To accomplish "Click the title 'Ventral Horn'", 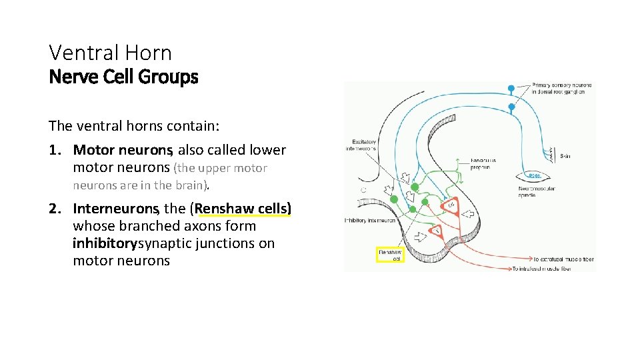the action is (110, 53).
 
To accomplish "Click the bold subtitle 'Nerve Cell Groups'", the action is (123, 77).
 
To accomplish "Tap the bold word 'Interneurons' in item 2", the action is (114, 209).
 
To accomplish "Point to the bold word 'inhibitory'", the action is (105, 243).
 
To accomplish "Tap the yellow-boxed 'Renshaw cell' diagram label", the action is (391, 255).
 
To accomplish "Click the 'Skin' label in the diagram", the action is (565, 156).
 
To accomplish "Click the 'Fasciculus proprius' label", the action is (484, 164).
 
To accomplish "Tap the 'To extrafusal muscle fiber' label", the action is (563, 259).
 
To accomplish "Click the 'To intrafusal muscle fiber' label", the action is (553, 268).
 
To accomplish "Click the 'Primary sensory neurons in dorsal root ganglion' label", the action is (561, 89).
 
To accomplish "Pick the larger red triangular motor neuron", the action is (451, 207).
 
